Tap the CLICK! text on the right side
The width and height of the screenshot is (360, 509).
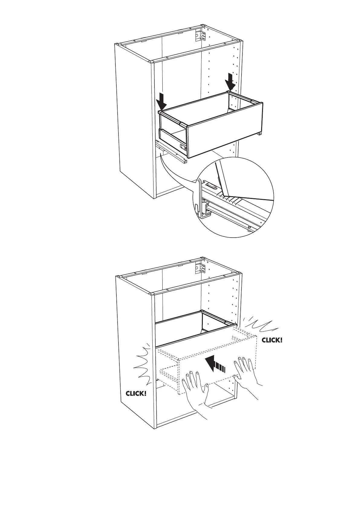pyautogui.click(x=272, y=340)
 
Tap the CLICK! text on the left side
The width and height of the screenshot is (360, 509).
pyautogui.click(x=136, y=393)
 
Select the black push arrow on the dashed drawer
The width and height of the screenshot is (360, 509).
pyautogui.click(x=215, y=365)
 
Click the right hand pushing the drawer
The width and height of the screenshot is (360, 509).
pyautogui.click(x=246, y=375)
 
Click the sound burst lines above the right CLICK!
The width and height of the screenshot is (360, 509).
pyautogui.click(x=259, y=325)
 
